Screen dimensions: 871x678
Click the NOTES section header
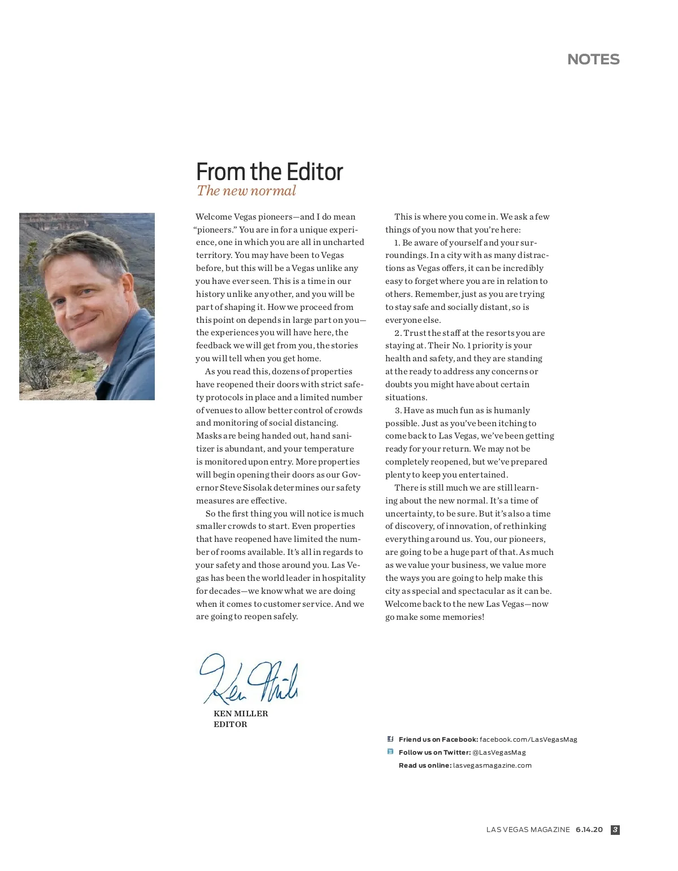[593, 59]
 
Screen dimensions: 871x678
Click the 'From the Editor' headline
[270, 172]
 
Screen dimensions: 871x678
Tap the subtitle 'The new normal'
[246, 191]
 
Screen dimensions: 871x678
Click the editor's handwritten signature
[249, 679]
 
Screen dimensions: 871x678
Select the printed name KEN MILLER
[241, 714]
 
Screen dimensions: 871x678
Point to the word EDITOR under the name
[230, 724]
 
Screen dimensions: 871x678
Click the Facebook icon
[390, 739]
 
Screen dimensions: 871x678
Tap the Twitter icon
[390, 752]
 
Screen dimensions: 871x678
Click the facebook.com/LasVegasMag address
[528, 739]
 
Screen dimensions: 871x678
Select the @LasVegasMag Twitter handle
[499, 752]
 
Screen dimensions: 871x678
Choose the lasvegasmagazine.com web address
[492, 765]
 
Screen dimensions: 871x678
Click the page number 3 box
[615, 830]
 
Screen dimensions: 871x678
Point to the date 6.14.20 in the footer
[589, 830]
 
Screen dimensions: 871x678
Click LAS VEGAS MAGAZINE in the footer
[528, 830]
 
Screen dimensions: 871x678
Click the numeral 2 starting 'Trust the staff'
[397, 333]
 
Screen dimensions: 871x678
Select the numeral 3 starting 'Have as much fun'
[398, 410]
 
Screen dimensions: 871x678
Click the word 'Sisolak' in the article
[258, 488]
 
